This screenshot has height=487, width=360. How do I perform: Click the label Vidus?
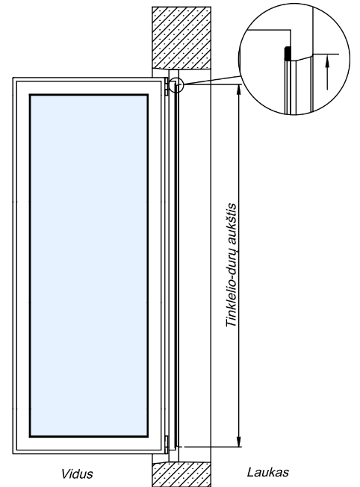point(77,474)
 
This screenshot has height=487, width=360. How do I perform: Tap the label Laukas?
point(268,472)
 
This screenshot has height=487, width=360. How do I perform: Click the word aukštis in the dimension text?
point(232,229)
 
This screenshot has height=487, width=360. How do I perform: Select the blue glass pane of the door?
point(89,266)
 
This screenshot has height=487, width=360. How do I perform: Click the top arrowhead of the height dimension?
point(238,89)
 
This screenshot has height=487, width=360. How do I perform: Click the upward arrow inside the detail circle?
point(326,72)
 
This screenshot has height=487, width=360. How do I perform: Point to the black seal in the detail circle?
point(288,53)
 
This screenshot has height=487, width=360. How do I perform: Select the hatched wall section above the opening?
point(181,37)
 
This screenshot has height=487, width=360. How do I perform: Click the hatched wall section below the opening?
point(181,474)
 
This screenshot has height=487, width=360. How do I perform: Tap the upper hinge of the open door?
point(167,87)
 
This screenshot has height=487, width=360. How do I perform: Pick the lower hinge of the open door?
point(167,444)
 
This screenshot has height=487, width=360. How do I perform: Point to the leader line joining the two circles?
point(211,80)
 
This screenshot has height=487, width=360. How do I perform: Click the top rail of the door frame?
point(87,79)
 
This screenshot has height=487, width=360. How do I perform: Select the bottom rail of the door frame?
point(87,452)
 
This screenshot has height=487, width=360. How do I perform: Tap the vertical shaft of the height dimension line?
point(238,266)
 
